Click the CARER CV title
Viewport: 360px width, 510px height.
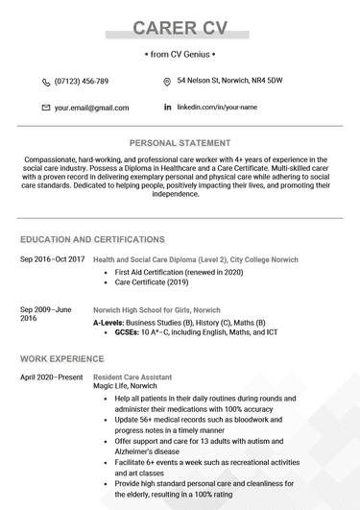tap(180, 27)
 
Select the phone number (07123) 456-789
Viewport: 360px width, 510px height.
tap(82, 82)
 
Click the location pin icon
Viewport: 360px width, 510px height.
tap(167, 82)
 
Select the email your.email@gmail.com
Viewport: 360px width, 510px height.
tap(91, 108)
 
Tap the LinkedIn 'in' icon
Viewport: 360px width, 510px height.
tap(167, 107)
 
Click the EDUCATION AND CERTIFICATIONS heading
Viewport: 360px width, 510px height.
tap(92, 239)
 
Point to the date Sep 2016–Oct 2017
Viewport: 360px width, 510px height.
tap(53, 259)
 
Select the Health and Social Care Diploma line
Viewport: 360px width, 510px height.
tap(195, 259)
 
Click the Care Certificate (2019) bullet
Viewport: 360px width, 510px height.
tap(152, 283)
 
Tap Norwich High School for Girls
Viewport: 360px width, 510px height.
tap(156, 311)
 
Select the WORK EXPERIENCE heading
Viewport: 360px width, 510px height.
tap(63, 358)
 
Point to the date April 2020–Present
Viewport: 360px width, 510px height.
tap(52, 377)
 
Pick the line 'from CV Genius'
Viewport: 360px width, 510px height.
tap(180, 55)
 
